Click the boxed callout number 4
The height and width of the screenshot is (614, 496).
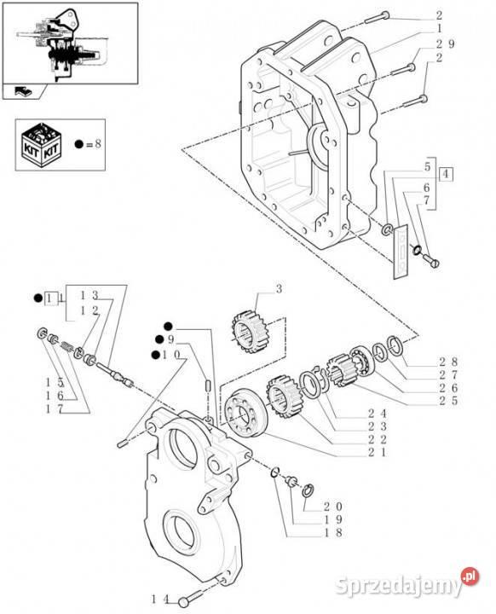click(x=446, y=174)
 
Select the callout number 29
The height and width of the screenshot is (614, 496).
click(x=446, y=43)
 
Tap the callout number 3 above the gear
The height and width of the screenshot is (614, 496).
click(x=279, y=289)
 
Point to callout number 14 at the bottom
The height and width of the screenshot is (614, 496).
click(x=160, y=600)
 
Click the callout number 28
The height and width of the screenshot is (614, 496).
click(x=447, y=362)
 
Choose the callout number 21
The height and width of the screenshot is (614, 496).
click(x=377, y=452)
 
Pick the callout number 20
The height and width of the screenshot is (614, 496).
click(x=332, y=507)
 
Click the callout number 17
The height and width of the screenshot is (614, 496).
click(x=55, y=409)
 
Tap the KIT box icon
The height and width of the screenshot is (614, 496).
click(x=41, y=145)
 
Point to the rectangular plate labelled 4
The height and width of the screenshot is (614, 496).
click(x=401, y=252)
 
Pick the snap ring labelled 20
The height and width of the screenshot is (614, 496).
click(x=308, y=489)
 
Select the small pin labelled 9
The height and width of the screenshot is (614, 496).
click(x=209, y=384)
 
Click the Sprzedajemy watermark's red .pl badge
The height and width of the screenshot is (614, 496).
click(x=470, y=576)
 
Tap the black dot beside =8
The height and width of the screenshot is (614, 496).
click(x=79, y=144)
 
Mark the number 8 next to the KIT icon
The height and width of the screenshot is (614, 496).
click(x=98, y=144)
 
